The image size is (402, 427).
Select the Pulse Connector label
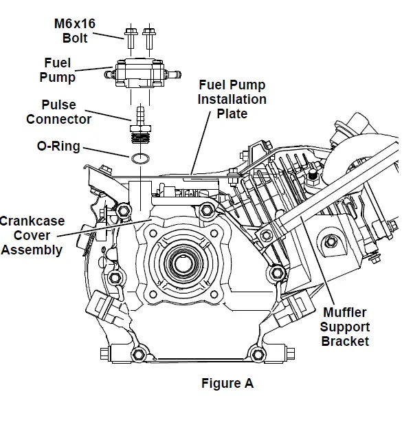(x=58, y=112)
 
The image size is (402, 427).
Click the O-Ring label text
(x=58, y=146)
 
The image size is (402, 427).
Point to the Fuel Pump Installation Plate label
(x=232, y=99)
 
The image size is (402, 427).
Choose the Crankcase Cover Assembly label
(x=31, y=235)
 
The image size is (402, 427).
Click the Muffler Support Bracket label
(x=344, y=327)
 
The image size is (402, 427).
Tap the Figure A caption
(x=227, y=384)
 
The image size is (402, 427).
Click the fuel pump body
(x=141, y=73)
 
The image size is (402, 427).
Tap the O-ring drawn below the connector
(x=140, y=159)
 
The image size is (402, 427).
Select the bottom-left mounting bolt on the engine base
(x=137, y=354)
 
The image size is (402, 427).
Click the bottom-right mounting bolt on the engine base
(x=258, y=354)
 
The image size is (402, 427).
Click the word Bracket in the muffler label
(x=344, y=341)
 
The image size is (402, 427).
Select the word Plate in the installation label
(x=232, y=113)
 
